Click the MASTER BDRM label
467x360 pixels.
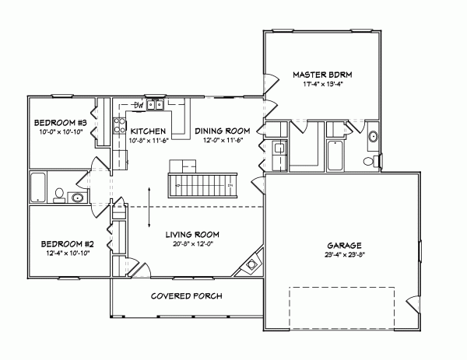323,74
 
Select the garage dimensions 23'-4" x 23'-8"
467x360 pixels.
343,255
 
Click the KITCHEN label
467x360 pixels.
146,131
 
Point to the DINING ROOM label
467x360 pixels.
222,131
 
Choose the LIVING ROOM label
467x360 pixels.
192,234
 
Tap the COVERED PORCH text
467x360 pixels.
187,296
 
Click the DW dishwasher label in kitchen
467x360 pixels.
138,104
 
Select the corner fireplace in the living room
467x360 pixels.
251,266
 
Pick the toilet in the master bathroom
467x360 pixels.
378,160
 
